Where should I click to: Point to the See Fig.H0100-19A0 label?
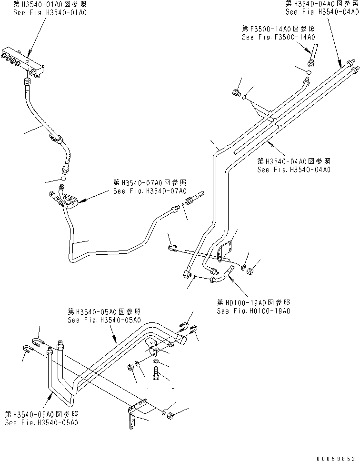tap(253, 311)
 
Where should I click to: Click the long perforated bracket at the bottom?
tap(133, 414)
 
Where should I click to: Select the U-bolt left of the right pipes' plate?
tap(173, 247)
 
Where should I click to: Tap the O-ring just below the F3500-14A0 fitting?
tap(308, 72)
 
